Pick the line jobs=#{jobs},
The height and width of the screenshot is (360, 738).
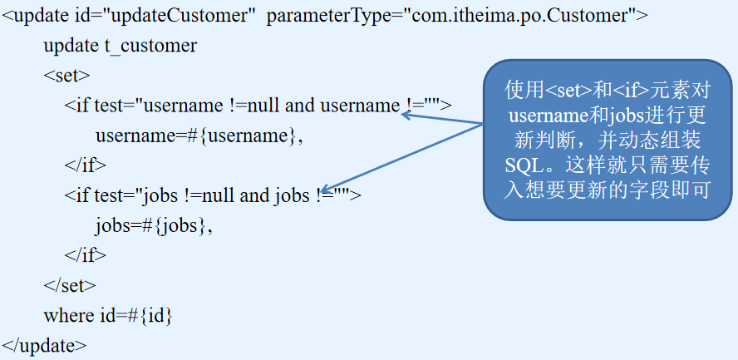tap(154, 225)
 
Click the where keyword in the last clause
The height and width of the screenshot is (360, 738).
tap(69, 315)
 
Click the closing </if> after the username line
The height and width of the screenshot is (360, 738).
tap(86, 165)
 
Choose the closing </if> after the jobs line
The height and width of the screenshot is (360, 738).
tap(86, 255)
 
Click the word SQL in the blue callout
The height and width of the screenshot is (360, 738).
tap(520, 160)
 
